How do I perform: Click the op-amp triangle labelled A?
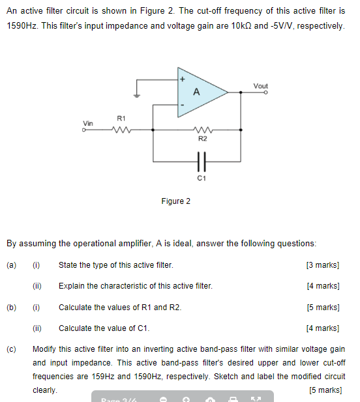[198, 92]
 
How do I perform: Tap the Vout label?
[261, 85]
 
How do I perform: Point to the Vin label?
[88, 122]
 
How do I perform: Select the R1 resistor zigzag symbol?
[121, 130]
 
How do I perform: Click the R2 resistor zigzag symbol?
[202, 130]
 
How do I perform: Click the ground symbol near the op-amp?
[136, 95]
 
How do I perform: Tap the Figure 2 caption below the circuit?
[176, 201]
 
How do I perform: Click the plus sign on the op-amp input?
[183, 79]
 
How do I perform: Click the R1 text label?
[121, 118]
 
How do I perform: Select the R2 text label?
[202, 139]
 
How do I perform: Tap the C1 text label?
[202, 177]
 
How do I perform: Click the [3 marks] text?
[322, 265]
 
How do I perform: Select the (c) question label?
[11, 349]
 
